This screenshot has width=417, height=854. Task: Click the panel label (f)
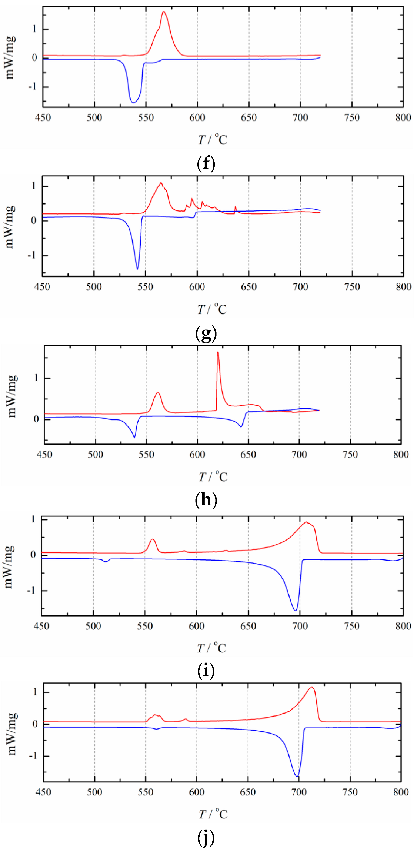206,163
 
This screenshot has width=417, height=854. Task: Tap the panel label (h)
206,500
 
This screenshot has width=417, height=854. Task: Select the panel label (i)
206,671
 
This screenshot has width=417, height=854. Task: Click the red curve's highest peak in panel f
164,12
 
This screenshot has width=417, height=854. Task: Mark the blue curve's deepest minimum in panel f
133,102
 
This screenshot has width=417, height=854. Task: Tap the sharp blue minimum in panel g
137,269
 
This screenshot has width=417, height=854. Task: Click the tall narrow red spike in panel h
218,353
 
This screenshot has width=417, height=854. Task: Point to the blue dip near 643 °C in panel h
241,427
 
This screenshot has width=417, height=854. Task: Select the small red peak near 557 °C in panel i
152,539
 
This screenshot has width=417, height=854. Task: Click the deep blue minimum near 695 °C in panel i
295,610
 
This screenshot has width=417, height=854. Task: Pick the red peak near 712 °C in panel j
312,687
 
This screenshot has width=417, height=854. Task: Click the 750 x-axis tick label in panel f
351,118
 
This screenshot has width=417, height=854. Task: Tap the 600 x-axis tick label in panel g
197,287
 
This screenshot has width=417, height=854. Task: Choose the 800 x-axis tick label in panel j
401,792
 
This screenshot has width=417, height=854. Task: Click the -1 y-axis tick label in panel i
32,590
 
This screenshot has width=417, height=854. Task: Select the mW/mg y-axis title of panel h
12,396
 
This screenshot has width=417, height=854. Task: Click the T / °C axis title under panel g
212,309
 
